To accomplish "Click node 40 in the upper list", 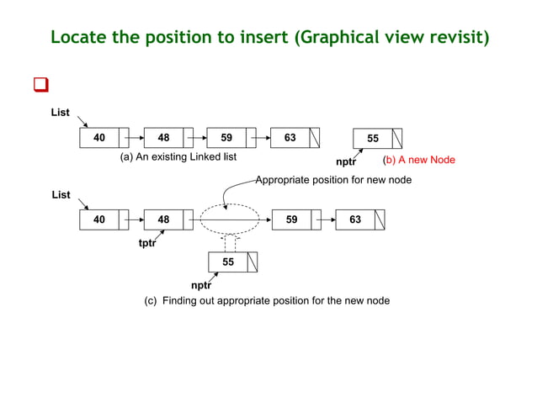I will (104, 138).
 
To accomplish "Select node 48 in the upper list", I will (168, 138).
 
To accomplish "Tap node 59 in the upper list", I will (231, 138).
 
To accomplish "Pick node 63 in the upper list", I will (295, 138).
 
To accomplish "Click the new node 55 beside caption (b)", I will (378, 138).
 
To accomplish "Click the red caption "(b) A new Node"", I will (418, 160).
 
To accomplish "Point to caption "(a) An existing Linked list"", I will (178, 157).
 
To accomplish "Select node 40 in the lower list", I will (104, 220).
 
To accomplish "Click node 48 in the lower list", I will (168, 220).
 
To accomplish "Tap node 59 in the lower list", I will (297, 220).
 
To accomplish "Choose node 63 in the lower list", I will (360, 220).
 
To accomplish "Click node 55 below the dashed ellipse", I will (233, 262).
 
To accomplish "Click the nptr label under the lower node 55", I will (201, 284).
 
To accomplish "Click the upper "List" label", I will (61, 113).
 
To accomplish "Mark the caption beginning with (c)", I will (268, 300).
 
